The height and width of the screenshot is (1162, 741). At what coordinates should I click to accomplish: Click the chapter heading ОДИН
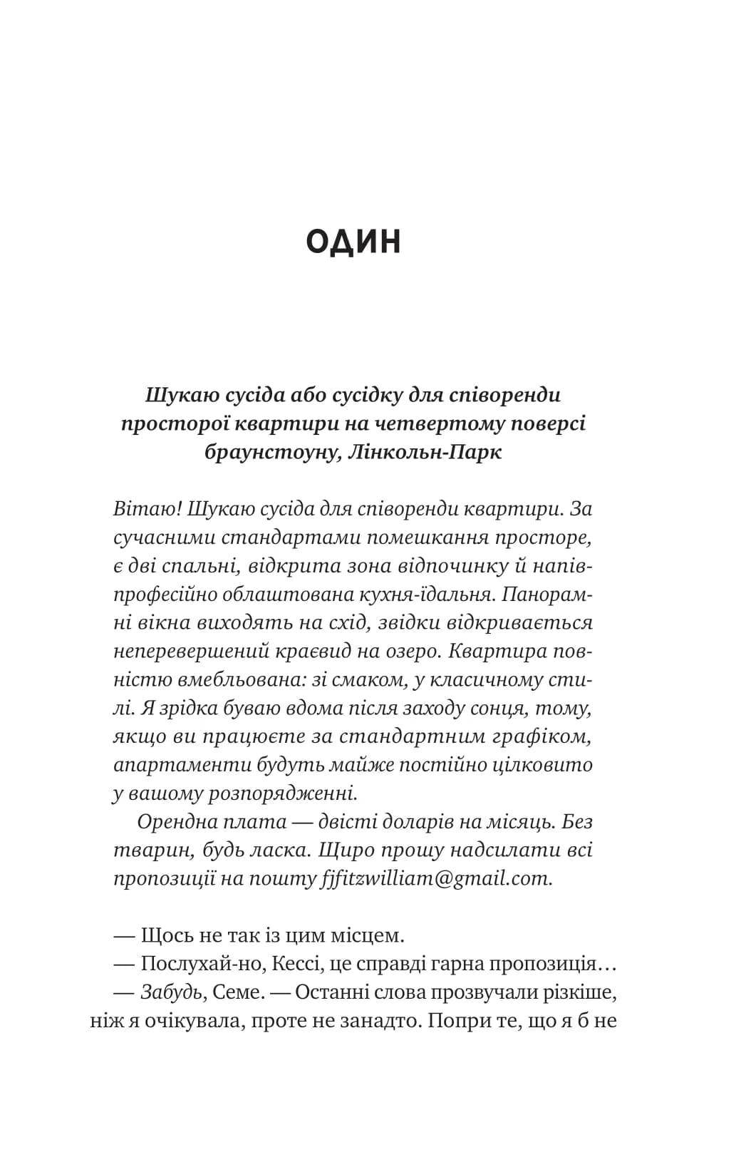click(353, 242)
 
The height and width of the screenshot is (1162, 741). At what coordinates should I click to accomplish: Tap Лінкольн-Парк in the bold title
click(427, 452)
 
